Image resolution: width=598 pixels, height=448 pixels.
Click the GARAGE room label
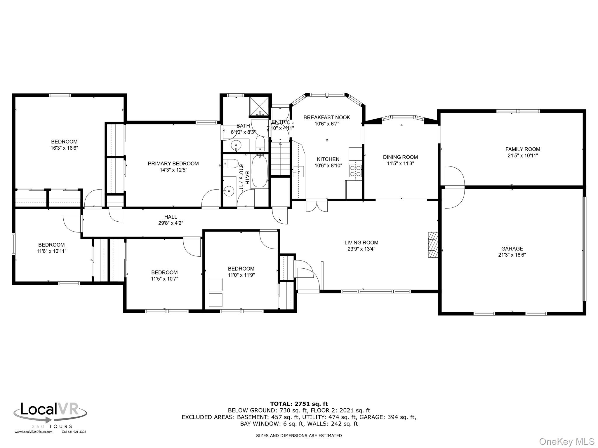coord(512,249)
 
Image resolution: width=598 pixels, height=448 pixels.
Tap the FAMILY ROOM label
coord(523,149)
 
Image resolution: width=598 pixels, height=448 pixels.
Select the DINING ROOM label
coord(400,157)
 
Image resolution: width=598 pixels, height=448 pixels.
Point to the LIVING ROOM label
coord(361,242)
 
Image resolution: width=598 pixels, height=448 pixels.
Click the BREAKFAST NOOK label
coord(327,117)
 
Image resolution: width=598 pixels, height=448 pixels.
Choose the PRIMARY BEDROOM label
coord(173,164)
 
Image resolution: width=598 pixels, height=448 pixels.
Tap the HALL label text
coord(171,217)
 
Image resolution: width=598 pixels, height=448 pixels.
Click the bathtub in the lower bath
coord(260,171)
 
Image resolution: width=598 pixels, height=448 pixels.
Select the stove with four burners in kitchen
coord(355,171)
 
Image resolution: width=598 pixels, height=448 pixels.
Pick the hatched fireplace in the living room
coord(433,244)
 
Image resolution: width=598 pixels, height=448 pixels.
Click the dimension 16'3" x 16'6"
coord(64,148)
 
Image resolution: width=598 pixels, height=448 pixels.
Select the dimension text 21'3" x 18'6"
coord(512,255)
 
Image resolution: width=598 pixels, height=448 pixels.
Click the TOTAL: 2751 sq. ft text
coord(299,404)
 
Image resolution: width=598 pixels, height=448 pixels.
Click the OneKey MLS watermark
coord(567,441)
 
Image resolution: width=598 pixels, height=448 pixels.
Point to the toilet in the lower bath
coord(230,164)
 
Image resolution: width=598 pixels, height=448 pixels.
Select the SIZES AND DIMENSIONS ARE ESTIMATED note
coord(299,435)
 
